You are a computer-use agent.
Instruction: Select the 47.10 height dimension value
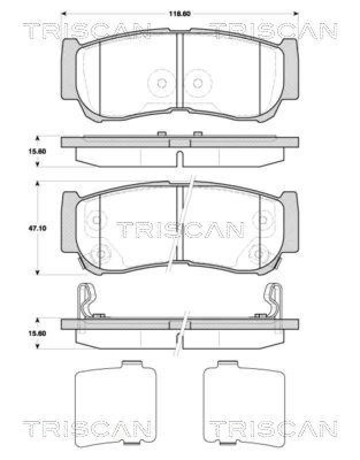[38, 228]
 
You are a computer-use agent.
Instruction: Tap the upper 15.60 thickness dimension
[38, 151]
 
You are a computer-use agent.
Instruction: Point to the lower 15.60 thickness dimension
[38, 332]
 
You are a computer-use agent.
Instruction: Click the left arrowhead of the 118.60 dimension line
[63, 12]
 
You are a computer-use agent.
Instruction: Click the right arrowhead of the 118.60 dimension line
[296, 12]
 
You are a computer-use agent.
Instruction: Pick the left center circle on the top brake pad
[162, 83]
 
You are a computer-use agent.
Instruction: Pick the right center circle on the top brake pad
[198, 83]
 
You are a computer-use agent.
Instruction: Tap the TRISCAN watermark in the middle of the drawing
[180, 230]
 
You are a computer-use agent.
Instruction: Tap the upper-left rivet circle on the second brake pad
[96, 218]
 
